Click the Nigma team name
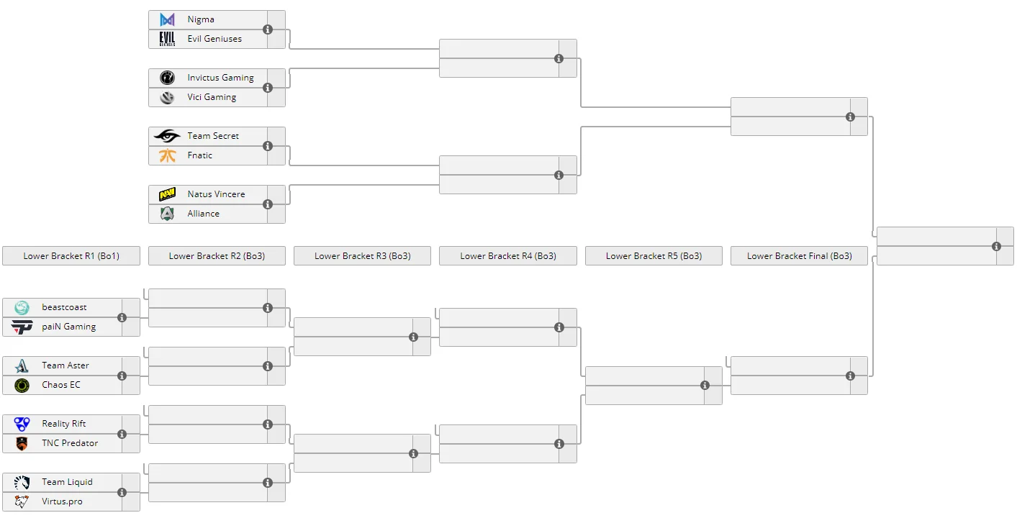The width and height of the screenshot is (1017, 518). (x=201, y=19)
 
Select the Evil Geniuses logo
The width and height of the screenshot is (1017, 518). (x=167, y=39)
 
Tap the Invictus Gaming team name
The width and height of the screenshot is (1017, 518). (x=221, y=78)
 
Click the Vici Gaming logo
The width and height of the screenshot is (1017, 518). (x=167, y=97)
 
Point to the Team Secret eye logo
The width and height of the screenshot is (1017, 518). (x=167, y=136)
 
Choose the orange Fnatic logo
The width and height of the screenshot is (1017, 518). (x=167, y=155)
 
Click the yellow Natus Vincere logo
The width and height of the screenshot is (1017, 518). (x=167, y=194)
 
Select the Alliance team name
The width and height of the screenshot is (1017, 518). (x=204, y=214)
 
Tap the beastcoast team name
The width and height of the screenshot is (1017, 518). (x=64, y=307)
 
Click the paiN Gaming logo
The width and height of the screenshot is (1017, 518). (x=22, y=327)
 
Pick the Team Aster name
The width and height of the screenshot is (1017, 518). (x=65, y=365)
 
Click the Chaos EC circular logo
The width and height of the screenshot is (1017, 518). (x=22, y=386)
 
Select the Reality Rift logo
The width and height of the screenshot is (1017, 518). (x=22, y=424)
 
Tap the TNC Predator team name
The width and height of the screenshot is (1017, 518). (x=70, y=443)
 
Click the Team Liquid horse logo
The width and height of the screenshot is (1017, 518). (x=22, y=482)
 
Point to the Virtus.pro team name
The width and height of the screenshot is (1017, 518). (x=62, y=501)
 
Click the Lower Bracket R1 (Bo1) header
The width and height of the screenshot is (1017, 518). (x=71, y=256)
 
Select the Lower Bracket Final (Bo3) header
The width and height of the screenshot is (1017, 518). (x=799, y=256)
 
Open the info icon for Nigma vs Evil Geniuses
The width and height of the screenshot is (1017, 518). (x=268, y=29)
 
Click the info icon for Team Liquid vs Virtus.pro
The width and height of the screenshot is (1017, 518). (x=122, y=492)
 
